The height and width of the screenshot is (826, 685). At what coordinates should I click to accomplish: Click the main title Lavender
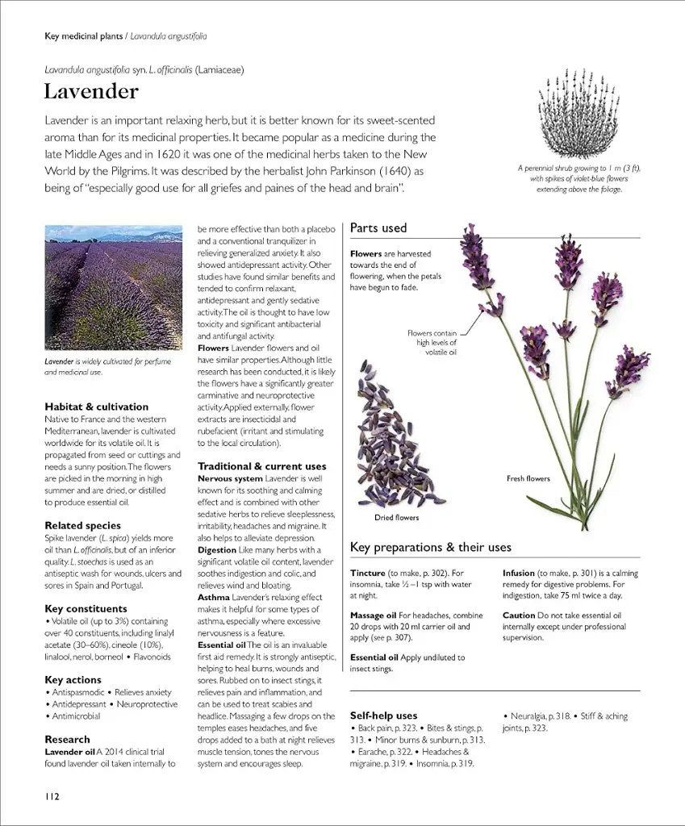91,92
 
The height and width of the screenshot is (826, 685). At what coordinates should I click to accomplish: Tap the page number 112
52,796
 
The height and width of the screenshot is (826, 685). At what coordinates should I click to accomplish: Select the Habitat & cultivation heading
96,407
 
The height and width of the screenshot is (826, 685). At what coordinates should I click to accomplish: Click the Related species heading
82,525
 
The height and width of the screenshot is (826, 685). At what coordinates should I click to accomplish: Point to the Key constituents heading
86,608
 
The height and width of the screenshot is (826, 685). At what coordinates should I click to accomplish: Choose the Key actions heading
73,680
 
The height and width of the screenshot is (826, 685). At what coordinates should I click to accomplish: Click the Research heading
67,739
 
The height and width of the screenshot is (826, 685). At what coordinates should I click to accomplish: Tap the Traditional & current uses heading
261,466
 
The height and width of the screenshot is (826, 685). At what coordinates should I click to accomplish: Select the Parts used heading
378,228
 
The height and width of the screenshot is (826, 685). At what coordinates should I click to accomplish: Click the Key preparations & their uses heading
430,548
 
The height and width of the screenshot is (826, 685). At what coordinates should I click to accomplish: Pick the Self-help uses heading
383,715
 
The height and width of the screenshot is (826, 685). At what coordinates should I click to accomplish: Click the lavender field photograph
113,287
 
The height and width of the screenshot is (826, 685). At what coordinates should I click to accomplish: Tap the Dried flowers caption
396,517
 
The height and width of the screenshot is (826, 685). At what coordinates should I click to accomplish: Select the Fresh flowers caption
528,478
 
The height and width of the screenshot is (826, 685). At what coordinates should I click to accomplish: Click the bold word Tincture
367,573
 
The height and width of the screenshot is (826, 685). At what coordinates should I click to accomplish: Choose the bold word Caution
519,615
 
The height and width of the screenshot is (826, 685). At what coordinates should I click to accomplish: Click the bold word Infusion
519,573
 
